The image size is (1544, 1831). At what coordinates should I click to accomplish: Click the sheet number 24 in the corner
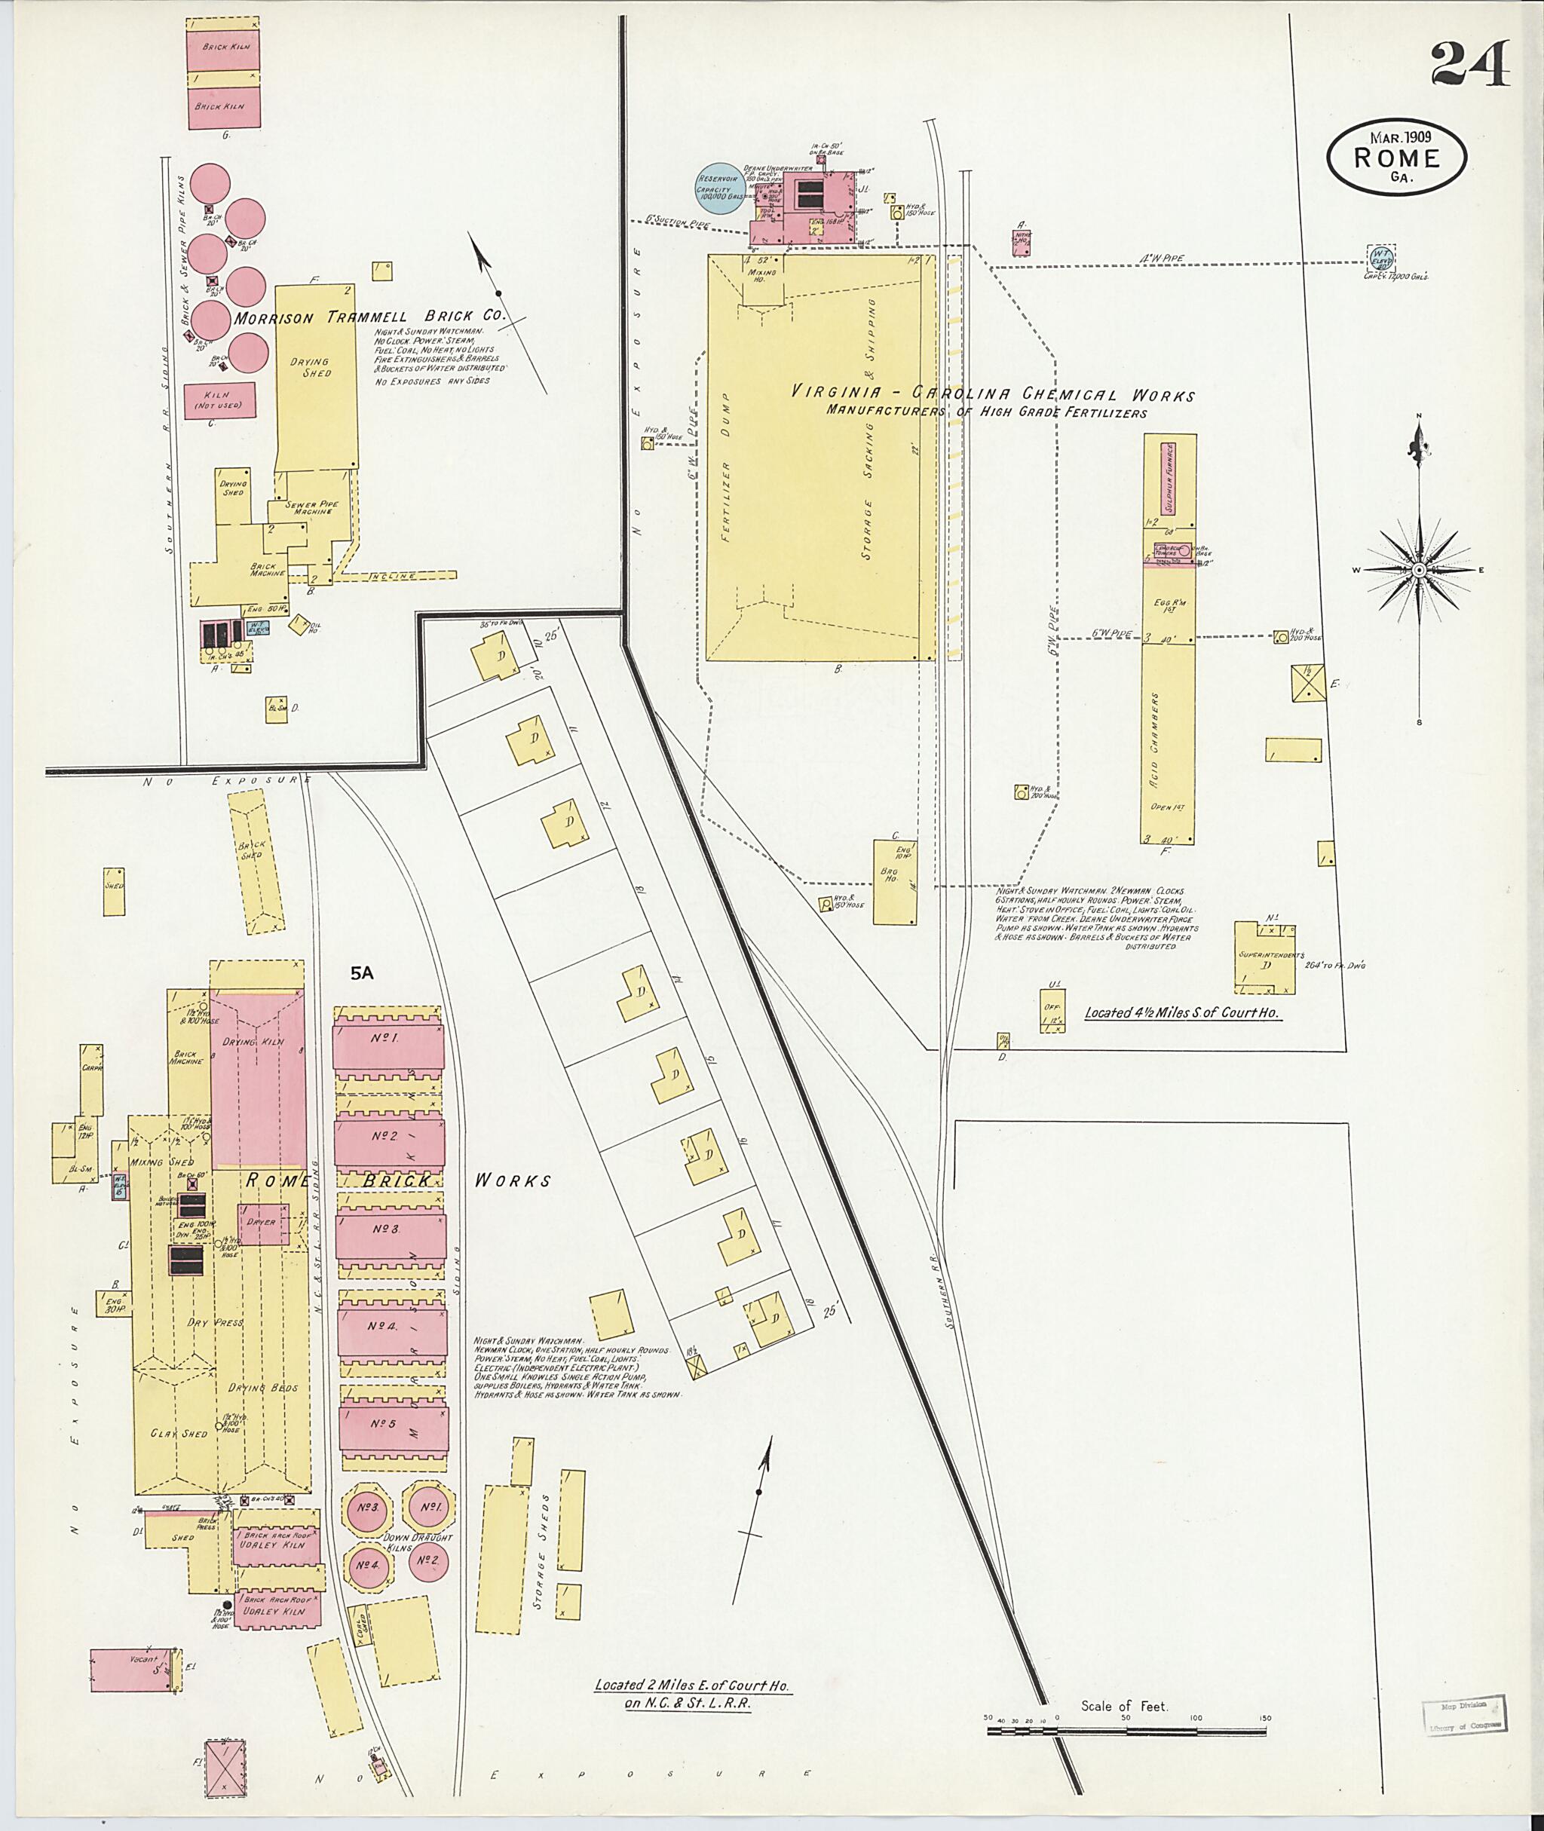1469,63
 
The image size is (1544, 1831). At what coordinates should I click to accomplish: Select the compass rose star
1419,570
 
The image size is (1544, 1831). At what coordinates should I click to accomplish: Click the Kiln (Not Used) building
219,400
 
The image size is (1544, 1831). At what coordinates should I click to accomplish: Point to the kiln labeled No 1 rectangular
388,1039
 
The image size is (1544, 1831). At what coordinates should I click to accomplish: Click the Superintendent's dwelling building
1266,960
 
